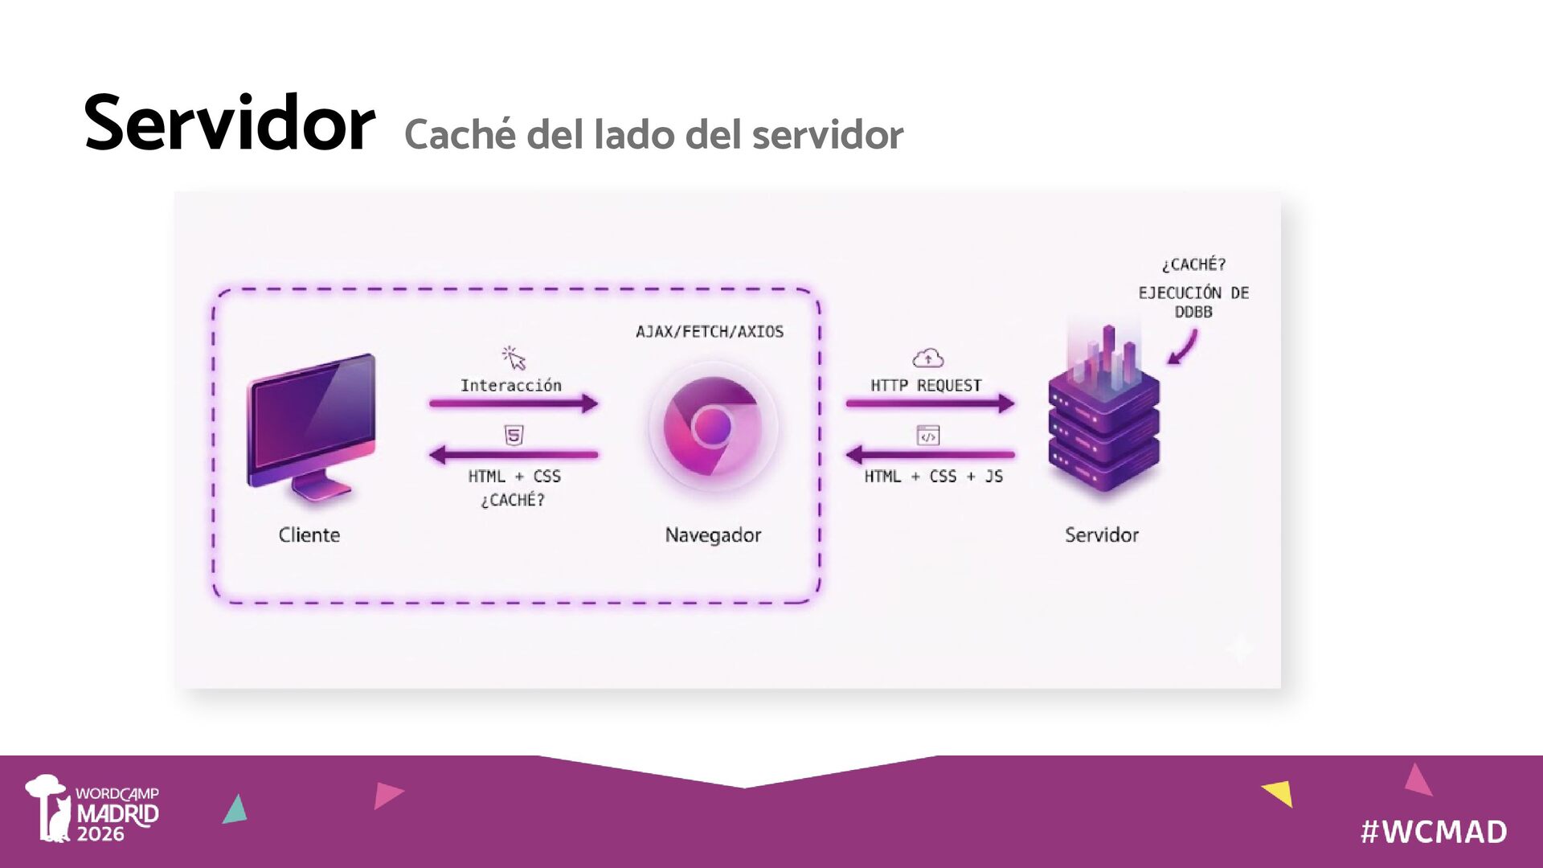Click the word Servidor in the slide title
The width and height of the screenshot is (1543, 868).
pos(229,124)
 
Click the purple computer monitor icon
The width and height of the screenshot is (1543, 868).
pos(312,426)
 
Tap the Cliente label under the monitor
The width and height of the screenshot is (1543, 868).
pos(309,535)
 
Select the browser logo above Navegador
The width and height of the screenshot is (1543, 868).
pos(712,426)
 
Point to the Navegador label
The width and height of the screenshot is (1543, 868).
pos(713,535)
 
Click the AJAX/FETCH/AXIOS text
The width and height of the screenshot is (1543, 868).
pos(710,332)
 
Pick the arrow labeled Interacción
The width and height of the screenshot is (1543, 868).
pos(514,403)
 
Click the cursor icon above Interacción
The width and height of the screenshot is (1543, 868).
pos(514,357)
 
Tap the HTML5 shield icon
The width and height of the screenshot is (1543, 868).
pos(514,436)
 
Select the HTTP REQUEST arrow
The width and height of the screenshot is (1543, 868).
pos(930,403)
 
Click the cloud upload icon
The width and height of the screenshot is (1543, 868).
pos(928,358)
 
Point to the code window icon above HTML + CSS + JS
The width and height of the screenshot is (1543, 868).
pos(928,436)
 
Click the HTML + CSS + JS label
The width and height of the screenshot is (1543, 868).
pos(933,477)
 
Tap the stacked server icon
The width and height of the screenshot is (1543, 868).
pos(1103,418)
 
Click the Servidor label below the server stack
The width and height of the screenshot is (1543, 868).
pos(1102,535)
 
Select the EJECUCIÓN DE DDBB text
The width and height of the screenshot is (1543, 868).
pos(1193,302)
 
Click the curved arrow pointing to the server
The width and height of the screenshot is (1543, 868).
pos(1183,349)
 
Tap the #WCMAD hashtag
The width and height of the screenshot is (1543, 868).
pos(1434,832)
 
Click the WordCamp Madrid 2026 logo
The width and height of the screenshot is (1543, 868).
pos(92,809)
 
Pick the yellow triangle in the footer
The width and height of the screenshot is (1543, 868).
pos(1279,792)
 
